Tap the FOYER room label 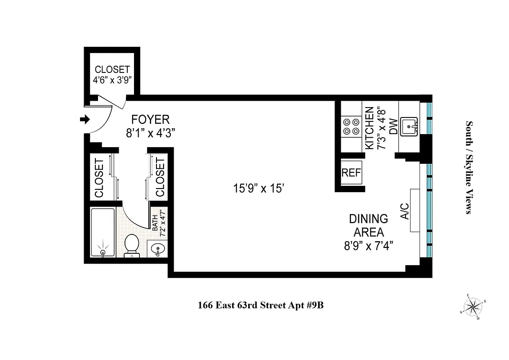coord(150,120)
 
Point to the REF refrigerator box coord(351,173)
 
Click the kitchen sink coord(409,126)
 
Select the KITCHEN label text coord(369,128)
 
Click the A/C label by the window coord(404,211)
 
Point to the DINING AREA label coord(368,225)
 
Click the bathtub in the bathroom coord(103,232)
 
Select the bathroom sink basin coord(157,249)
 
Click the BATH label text coord(155,223)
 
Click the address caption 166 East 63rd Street coord(261,306)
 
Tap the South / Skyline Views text coord(469,167)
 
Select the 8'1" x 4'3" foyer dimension coord(150,133)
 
